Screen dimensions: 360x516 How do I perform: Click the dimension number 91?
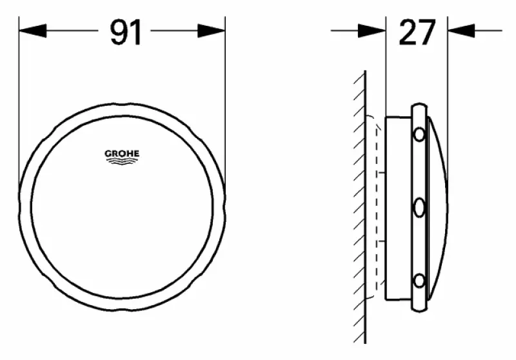[125, 32]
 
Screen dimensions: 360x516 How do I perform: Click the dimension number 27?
[417, 32]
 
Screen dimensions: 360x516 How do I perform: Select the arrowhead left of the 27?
[372, 30]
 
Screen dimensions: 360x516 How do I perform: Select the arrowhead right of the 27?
[461, 30]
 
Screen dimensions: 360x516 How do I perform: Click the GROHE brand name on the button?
[122, 154]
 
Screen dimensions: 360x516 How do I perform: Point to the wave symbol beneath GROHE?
[122, 162]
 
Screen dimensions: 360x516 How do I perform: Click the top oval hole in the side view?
[419, 135]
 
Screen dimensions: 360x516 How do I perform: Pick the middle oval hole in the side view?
[419, 208]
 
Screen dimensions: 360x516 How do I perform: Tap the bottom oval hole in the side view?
[419, 281]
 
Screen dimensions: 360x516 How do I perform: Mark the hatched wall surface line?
[365, 206]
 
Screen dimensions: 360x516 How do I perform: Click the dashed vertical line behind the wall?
[376, 206]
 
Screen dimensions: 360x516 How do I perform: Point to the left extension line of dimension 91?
[19, 97]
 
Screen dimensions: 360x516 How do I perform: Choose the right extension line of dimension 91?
[225, 97]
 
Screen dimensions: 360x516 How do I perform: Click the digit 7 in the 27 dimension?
[427, 32]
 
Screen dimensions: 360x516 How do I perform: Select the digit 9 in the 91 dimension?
[117, 32]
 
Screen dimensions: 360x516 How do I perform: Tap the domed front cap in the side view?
[437, 206]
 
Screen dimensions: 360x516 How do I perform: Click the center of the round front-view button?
[122, 207]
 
